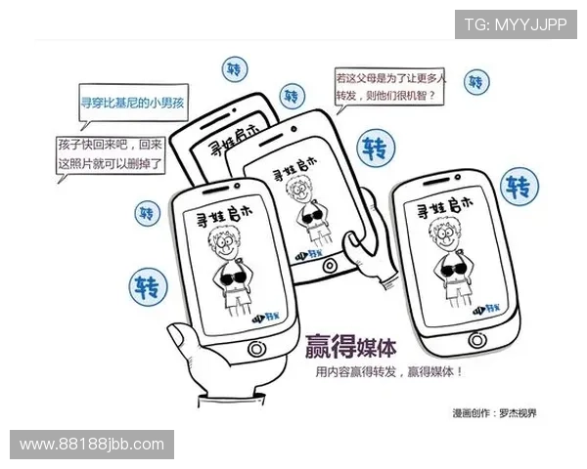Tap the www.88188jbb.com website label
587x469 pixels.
(x=93, y=445)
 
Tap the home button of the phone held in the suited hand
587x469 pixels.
(x=256, y=349)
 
